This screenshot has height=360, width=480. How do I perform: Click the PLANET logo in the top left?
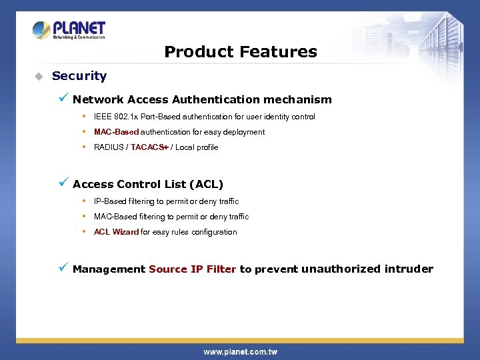click(x=69, y=30)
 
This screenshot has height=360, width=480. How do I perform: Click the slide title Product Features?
click(x=240, y=52)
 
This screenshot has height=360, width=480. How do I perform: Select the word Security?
click(x=79, y=76)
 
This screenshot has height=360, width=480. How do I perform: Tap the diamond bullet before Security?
click(x=39, y=76)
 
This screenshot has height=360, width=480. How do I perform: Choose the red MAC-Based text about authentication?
click(x=116, y=132)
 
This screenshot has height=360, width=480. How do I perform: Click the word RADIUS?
click(x=109, y=147)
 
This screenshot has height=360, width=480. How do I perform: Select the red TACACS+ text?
click(x=149, y=147)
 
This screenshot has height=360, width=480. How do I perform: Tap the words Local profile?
click(x=197, y=147)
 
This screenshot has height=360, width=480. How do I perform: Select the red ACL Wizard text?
click(x=116, y=232)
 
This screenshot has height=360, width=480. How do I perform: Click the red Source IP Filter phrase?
click(x=192, y=269)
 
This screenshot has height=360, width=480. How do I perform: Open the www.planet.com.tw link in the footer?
click(x=240, y=351)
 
